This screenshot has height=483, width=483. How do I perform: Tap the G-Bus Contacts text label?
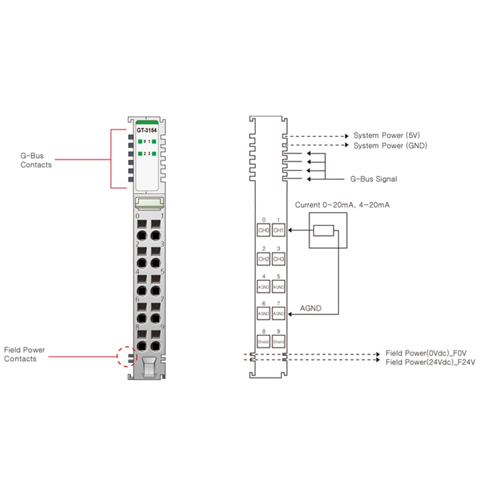(36, 160)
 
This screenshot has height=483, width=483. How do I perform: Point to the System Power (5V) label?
(386, 136)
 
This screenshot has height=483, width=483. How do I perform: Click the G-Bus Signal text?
(374, 179)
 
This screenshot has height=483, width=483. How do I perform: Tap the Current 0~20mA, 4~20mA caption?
(342, 205)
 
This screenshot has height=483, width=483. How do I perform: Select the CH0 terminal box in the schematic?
(263, 231)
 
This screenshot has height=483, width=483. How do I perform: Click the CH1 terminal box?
(278, 231)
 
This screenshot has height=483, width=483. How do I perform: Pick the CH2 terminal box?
(263, 259)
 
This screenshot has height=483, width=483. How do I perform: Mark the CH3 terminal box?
(278, 259)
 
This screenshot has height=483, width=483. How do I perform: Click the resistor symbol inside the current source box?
(324, 231)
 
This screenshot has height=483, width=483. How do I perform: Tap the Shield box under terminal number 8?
(263, 342)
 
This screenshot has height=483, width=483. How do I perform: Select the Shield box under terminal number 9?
(278, 342)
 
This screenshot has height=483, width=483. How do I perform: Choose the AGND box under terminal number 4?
(263, 287)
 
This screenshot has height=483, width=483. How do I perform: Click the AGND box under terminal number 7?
(278, 315)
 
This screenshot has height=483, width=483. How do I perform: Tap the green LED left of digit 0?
(139, 142)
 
